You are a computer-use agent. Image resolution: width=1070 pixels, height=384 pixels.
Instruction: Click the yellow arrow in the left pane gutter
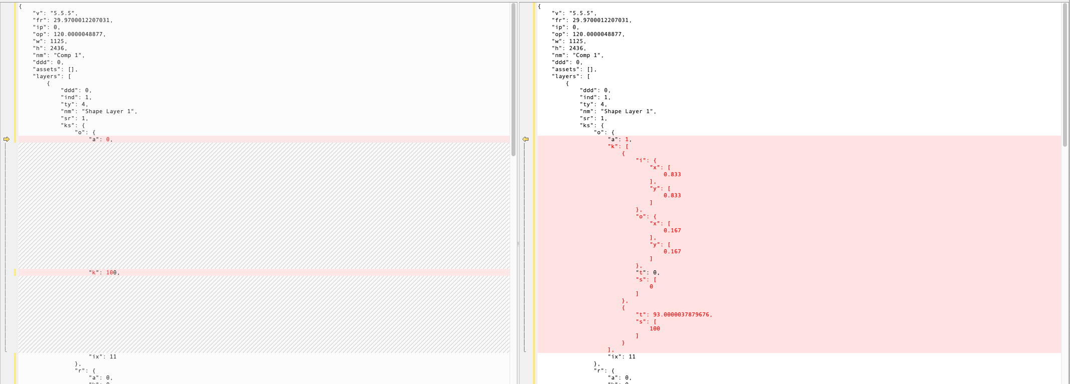pos(7,139)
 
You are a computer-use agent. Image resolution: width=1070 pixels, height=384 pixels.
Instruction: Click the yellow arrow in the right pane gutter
pos(525,139)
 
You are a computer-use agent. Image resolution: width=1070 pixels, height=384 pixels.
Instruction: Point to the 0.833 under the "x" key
pos(672,174)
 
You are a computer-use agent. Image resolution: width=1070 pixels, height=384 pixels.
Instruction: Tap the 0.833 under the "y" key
pos(672,195)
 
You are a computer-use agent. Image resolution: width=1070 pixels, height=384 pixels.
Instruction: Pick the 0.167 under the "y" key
pos(672,251)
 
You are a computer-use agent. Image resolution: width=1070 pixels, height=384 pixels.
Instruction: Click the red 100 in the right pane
pos(655,328)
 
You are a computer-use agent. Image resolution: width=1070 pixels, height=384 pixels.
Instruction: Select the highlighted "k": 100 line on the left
pos(104,272)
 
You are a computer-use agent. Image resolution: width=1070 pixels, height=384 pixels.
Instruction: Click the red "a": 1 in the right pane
pos(620,139)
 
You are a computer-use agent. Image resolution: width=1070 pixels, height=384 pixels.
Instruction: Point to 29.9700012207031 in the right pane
pos(601,20)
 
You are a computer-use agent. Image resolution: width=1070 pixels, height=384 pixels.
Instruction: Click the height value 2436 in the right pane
pos(576,48)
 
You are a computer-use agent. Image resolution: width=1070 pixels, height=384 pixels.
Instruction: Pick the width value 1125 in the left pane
pos(57,41)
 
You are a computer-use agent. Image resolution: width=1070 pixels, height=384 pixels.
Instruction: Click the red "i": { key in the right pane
pos(646,160)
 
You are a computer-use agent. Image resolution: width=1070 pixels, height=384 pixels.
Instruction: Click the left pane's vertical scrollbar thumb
pos(513,80)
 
